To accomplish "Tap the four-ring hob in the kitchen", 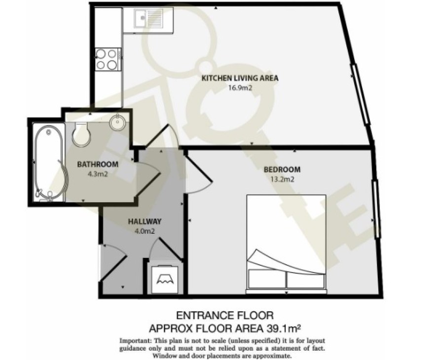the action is [x=108, y=59].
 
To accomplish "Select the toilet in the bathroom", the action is [x=81, y=134].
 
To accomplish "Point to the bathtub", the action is [x=49, y=162].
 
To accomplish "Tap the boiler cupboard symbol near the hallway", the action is [x=166, y=279].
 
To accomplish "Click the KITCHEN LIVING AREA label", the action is [x=240, y=78].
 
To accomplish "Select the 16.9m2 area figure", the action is [x=240, y=88].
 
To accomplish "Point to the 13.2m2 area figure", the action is [x=282, y=179].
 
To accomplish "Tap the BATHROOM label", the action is [x=98, y=164].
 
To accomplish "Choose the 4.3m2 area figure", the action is [x=98, y=175].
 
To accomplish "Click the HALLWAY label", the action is [x=145, y=221].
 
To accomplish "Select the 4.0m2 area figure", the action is [x=145, y=231].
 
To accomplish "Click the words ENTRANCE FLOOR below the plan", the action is [x=225, y=316].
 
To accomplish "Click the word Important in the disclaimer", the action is [x=136, y=340].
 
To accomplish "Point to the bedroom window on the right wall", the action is [x=376, y=209].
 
